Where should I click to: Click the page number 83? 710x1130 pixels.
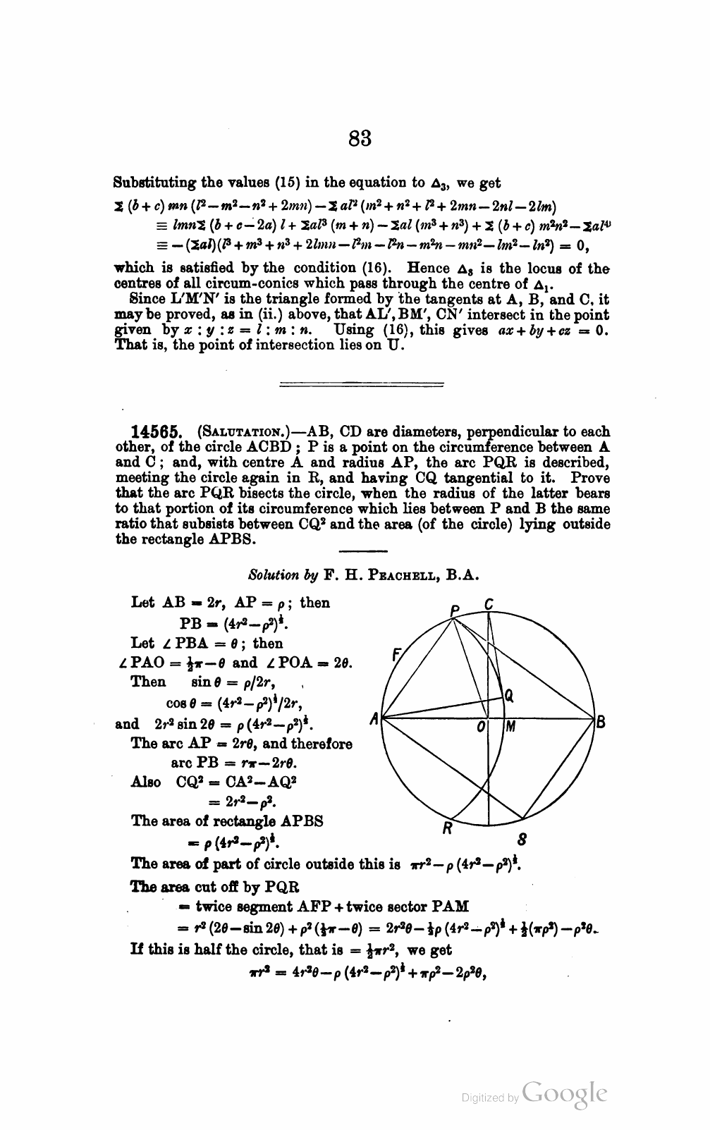click(360, 137)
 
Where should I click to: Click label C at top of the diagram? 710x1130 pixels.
click(489, 604)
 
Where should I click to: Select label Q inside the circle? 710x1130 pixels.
click(508, 696)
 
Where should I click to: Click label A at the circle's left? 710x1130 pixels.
click(374, 719)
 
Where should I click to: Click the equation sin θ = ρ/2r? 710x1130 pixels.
click(233, 683)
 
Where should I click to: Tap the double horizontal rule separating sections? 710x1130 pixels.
click(361, 385)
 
